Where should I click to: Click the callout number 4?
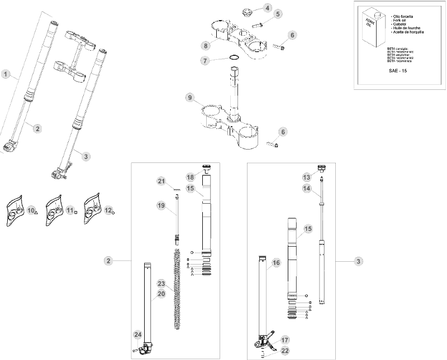267,8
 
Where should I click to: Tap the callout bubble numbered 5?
278,13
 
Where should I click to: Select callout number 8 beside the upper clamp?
206,45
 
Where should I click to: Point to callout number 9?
191,97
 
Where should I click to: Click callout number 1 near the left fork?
6,74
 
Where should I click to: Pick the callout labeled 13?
306,177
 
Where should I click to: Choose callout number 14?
306,189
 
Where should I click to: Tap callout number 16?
275,262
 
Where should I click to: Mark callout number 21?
161,181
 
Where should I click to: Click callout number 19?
161,206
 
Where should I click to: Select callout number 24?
137,334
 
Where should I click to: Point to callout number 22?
285,351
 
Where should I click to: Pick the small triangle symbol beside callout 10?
36,213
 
